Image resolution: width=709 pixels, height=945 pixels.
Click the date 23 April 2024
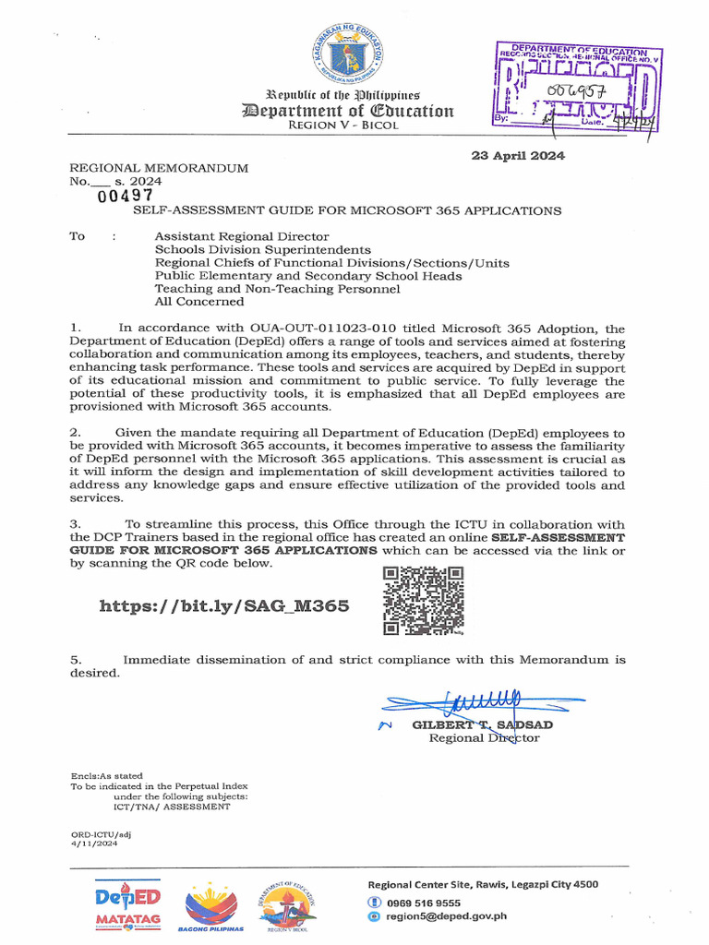pyautogui.click(x=518, y=155)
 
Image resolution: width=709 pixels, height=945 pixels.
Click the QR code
pyautogui.click(x=424, y=601)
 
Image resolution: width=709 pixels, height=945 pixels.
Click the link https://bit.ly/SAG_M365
pyautogui.click(x=224, y=606)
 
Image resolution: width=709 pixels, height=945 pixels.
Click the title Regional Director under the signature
pyautogui.click(x=484, y=738)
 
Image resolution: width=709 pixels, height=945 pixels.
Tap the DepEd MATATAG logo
pyautogui.click(x=128, y=904)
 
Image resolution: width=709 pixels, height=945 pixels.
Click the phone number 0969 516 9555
pyautogui.click(x=424, y=903)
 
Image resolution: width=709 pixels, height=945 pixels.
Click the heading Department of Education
pyautogui.click(x=347, y=112)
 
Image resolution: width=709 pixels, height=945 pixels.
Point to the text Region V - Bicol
pyautogui.click(x=343, y=126)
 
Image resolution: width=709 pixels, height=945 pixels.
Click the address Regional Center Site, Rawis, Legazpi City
pyautogui.click(x=482, y=884)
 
